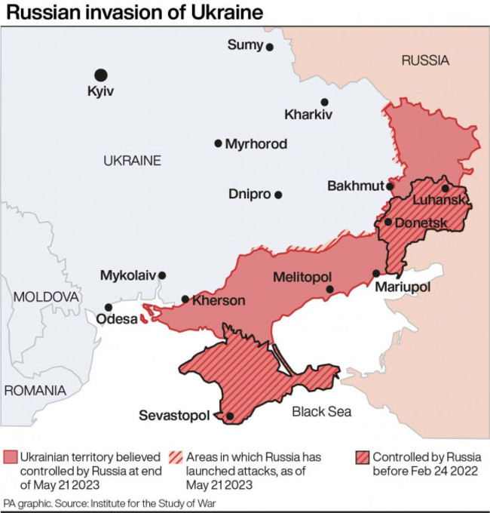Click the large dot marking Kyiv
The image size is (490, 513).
(x=100, y=75)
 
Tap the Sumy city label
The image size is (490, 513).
(x=245, y=45)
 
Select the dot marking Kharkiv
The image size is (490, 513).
(x=324, y=102)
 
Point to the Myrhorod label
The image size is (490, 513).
(x=256, y=143)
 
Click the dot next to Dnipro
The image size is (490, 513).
(x=278, y=195)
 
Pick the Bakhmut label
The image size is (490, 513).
(x=356, y=186)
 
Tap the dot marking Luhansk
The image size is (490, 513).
(x=446, y=188)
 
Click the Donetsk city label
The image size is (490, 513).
(x=421, y=223)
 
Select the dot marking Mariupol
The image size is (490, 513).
(x=376, y=273)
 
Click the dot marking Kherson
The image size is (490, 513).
(x=185, y=300)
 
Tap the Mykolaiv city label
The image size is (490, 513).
(x=128, y=276)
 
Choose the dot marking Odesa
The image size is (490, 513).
(x=109, y=307)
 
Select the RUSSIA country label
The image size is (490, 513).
(x=424, y=60)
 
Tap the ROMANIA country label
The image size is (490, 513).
(x=35, y=390)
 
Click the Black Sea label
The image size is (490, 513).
(x=322, y=412)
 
